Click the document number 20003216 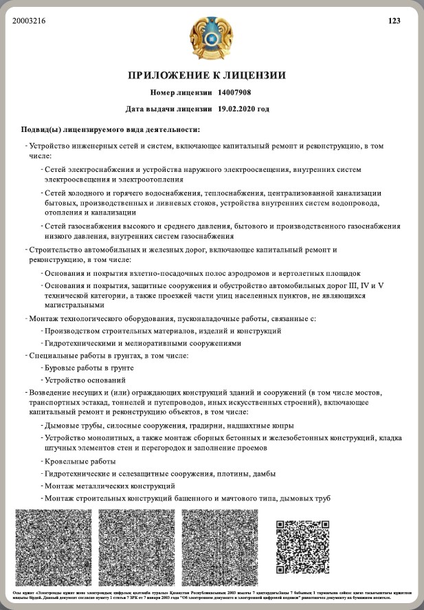29,21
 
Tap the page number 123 394,21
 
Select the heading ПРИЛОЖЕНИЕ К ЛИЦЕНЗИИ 207,75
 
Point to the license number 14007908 234,92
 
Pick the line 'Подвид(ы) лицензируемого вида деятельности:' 111,129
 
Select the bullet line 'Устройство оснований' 85,380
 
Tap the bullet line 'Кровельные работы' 80,461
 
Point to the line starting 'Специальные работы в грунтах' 109,356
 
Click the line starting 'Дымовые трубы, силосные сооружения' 169,424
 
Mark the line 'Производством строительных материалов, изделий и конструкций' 163,331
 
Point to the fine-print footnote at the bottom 212,595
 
